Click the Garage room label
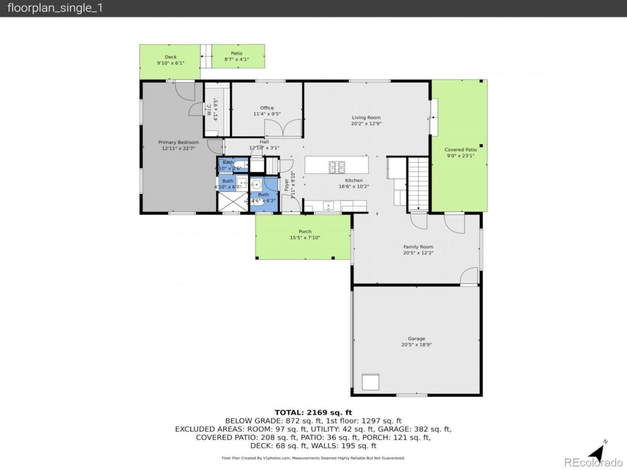point(416,338)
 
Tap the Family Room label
point(418,247)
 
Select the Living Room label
point(366,117)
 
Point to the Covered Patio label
point(460,150)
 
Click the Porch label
point(305,232)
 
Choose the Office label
point(267,108)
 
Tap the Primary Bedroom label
point(178,142)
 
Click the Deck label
point(170,57)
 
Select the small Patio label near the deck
point(237,53)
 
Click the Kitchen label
point(354,181)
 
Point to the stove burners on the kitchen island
point(337,166)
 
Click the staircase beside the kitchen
point(418,184)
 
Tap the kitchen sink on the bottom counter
point(328,206)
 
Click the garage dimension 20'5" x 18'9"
point(416,345)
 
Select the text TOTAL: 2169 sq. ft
point(313,412)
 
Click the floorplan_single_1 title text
point(55,8)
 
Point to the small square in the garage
point(370,382)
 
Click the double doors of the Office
point(283,129)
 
